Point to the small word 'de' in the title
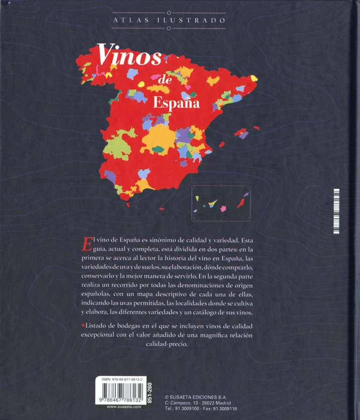pos(165,80)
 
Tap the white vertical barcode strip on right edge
pos(337,210)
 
